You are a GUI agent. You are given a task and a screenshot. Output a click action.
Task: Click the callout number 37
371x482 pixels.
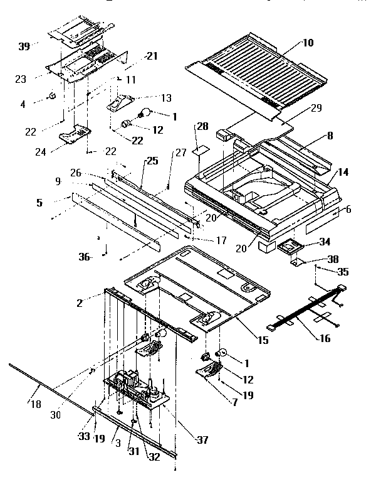(202, 440)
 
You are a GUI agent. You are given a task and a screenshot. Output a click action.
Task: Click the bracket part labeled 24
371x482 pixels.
(75, 132)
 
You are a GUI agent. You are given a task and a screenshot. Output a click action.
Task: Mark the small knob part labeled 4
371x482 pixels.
(53, 96)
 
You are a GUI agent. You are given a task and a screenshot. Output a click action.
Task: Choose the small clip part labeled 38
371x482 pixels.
(299, 260)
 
